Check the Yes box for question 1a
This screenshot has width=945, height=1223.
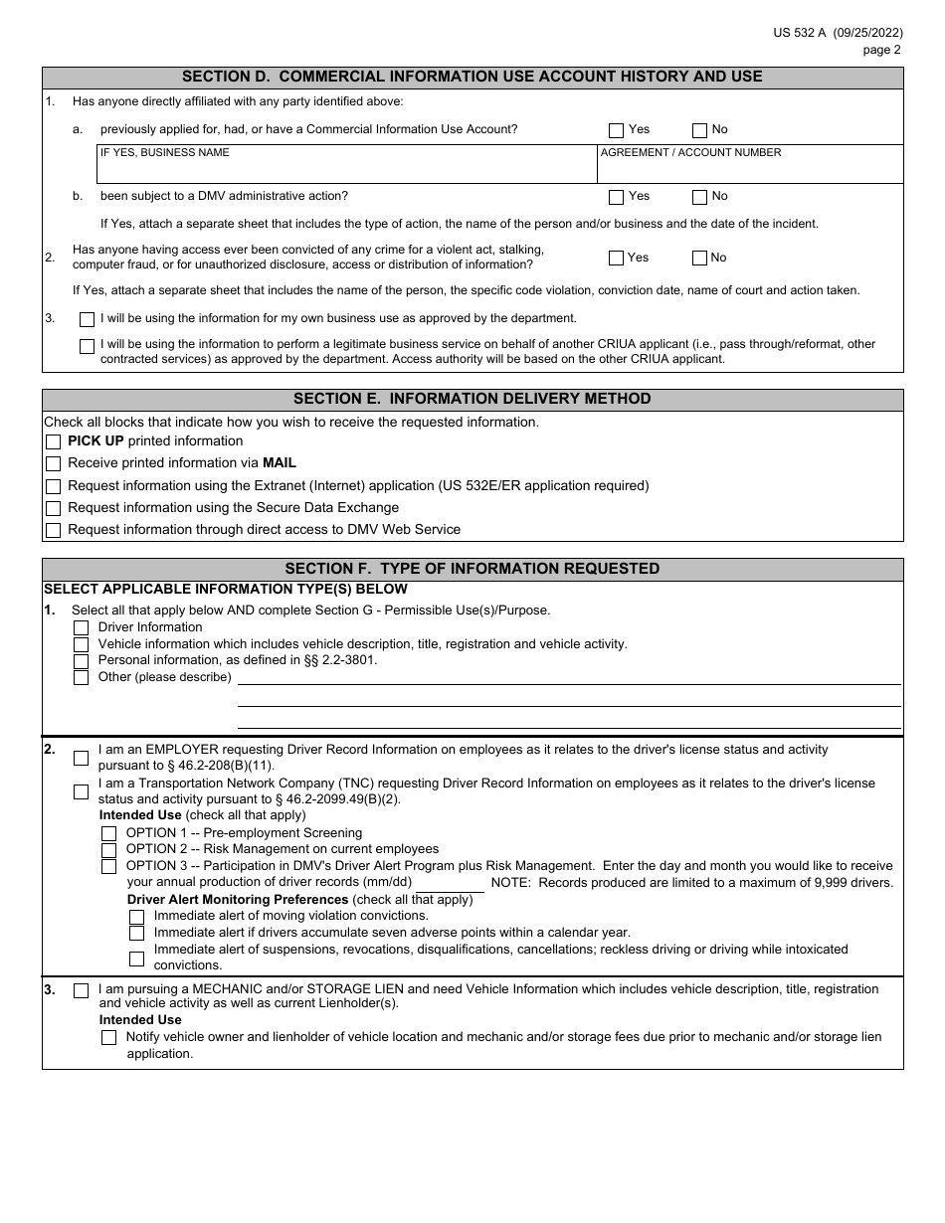tap(616, 130)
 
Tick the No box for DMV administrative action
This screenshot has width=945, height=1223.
tap(699, 197)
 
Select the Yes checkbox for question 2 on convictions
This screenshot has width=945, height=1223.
tap(616, 259)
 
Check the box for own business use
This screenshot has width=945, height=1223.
tap(87, 320)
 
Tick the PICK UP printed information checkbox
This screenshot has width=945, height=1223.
tap(54, 442)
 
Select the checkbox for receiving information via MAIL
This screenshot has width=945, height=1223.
tap(54, 464)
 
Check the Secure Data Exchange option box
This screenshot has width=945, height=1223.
tap(54, 509)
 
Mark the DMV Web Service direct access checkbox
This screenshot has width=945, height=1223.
tap(54, 531)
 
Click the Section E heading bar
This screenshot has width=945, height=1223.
tap(472, 400)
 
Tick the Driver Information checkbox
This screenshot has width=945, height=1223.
tap(82, 628)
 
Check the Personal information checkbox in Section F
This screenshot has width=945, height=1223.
tap(82, 661)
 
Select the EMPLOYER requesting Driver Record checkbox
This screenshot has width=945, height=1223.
tap(82, 759)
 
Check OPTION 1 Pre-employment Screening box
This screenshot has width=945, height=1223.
tap(109, 834)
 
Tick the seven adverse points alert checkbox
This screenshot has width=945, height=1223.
tap(137, 934)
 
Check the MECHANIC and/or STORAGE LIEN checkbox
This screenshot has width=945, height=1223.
tap(82, 990)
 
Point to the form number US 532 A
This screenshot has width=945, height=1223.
tap(803, 33)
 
